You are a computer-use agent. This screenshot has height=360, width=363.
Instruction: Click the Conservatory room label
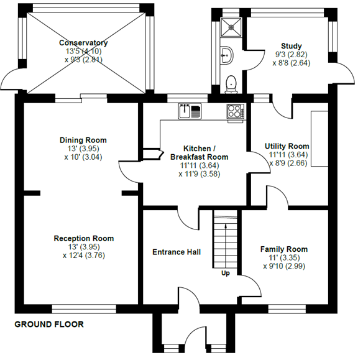coord(83,43)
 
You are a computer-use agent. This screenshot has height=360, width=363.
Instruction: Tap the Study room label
coord(291,45)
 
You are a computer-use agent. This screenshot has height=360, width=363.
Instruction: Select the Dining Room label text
coord(83,140)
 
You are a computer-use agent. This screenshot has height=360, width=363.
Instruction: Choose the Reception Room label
coord(83,238)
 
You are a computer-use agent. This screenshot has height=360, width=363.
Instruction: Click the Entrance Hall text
coord(177,252)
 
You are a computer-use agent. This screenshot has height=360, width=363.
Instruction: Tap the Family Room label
coord(283,249)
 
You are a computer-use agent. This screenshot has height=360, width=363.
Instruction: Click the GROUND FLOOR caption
coord(48,325)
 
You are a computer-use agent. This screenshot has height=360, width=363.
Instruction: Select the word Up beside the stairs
coord(225,272)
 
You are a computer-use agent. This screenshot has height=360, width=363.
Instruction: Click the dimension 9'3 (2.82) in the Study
coord(291,54)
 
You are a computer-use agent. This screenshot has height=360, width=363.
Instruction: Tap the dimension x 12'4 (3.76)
coord(83,254)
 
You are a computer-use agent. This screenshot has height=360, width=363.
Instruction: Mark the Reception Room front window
coord(83,308)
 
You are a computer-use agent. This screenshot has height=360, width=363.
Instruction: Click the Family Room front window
coord(286,308)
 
